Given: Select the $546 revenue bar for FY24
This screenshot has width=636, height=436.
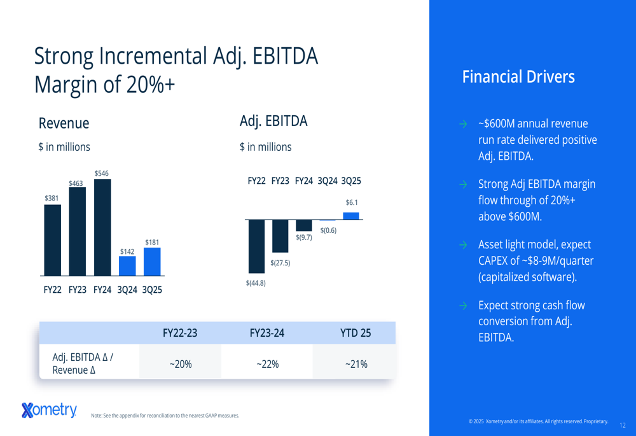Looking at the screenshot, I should point(102,227).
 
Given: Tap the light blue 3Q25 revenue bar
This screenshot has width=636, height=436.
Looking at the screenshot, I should point(152,262).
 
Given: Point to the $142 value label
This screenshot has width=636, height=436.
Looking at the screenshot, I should point(127,252).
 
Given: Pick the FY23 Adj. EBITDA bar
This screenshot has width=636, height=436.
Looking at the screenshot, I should point(280,236).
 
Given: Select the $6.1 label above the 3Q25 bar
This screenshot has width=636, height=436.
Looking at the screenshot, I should point(352,202).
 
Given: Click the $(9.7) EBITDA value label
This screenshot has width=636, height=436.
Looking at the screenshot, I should point(304,237).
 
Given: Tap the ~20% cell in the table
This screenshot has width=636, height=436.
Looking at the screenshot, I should point(180,364).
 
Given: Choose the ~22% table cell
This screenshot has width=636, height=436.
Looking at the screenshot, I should point(267,364).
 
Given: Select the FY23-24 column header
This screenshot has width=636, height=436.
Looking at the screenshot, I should point(267,332).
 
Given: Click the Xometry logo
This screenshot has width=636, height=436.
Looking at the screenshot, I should point(49,411).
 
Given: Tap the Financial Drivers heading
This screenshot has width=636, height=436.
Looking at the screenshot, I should point(518,77).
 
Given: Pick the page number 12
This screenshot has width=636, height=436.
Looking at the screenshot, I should point(622,425).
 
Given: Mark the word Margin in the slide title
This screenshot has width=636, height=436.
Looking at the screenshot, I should point(64,83).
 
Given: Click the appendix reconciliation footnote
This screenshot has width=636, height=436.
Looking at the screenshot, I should point(165,416).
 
